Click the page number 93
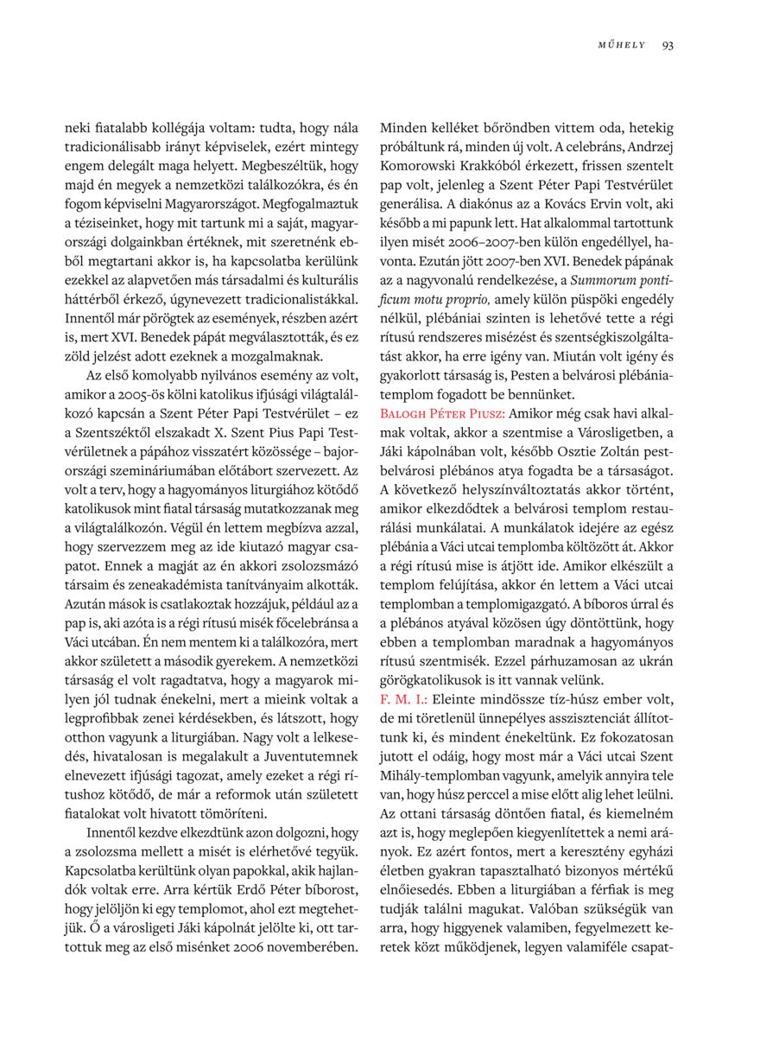pyautogui.click(x=668, y=46)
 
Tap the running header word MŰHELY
pyautogui.click(x=622, y=46)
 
